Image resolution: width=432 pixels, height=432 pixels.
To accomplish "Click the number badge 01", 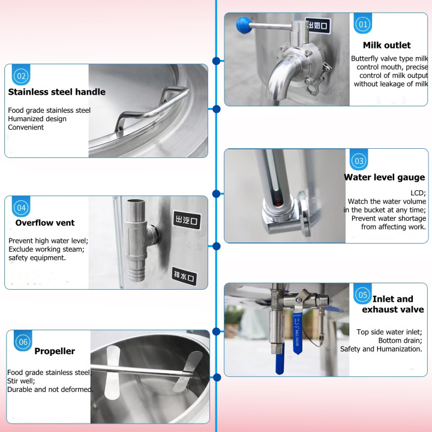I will [362, 24].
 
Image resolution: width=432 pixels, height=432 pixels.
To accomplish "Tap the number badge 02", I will [22, 76].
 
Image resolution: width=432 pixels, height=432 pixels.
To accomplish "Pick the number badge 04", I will [22, 208].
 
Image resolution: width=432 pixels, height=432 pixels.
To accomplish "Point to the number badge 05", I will [362, 295].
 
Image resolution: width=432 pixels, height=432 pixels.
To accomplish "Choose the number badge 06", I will [23, 342].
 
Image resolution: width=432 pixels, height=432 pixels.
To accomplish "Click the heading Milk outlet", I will [386, 45].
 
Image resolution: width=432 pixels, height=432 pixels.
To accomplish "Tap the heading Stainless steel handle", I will [56, 92].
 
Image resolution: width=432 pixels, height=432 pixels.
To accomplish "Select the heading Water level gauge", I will [384, 178].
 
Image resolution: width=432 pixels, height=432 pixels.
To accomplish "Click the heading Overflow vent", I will [45, 223].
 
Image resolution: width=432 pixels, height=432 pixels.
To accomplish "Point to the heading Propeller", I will [55, 352].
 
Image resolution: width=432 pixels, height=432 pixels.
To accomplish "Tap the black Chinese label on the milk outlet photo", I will [317, 25].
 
